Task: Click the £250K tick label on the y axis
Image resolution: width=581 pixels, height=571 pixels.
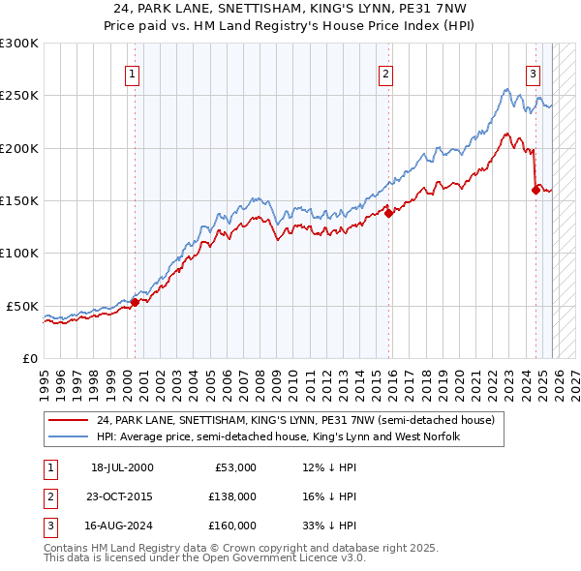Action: point(19,96)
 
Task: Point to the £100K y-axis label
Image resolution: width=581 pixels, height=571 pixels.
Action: point(19,254)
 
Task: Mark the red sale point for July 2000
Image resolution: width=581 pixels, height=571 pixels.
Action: point(136,302)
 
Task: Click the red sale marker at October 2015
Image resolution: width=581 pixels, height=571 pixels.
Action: point(388,214)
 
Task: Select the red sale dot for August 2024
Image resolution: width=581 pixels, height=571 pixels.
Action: point(535,191)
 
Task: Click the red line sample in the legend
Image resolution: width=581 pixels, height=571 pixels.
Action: point(70,420)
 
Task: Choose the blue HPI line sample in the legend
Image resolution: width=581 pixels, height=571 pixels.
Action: point(70,436)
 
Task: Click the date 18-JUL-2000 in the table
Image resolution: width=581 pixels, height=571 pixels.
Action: point(122,467)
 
